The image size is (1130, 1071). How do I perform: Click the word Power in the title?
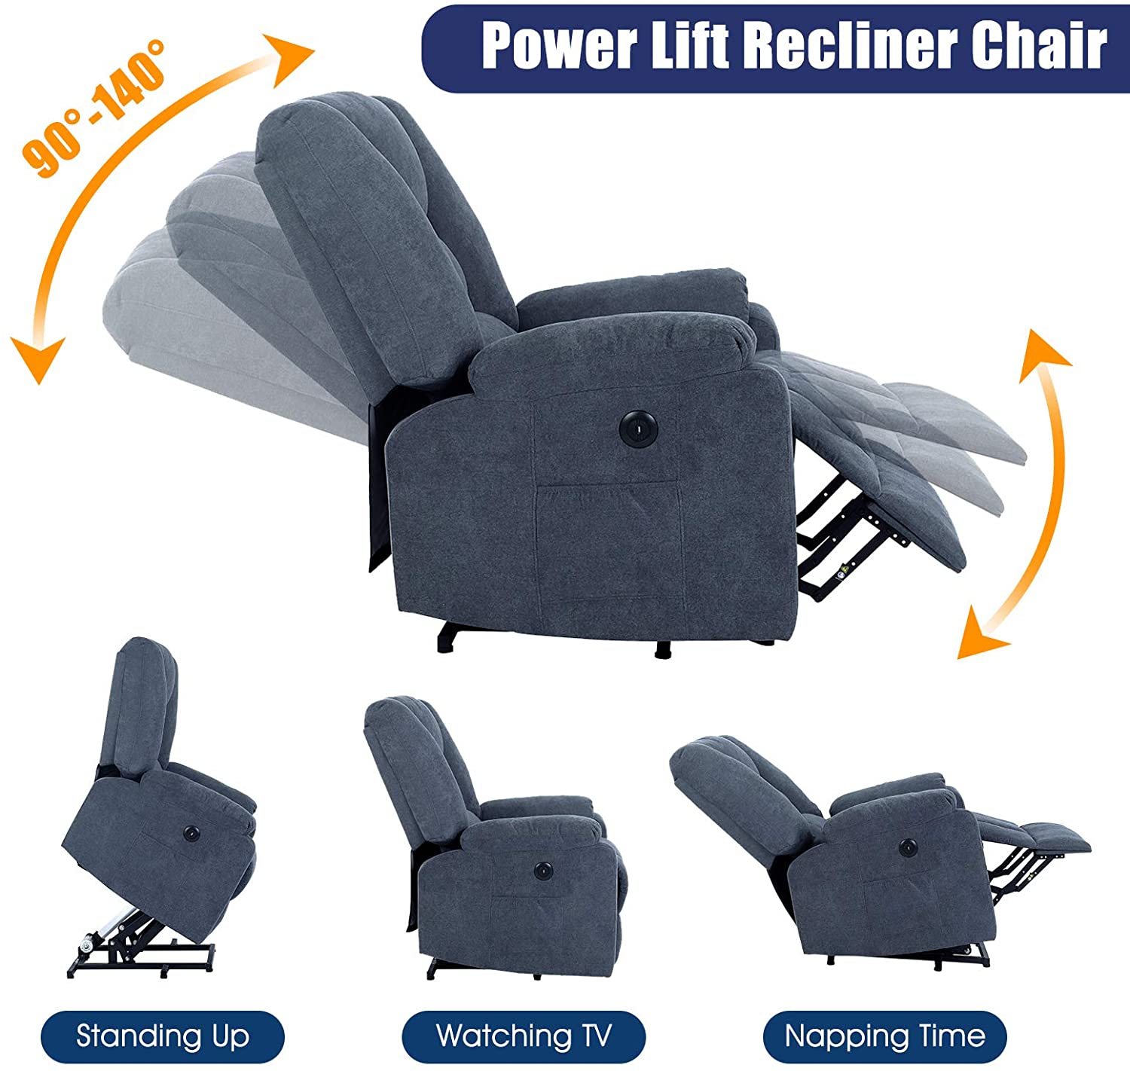click(559, 47)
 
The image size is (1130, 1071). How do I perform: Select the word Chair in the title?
click(1039, 46)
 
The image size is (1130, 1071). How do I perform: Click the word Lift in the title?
click(691, 46)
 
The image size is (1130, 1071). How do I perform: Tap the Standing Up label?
click(163, 1036)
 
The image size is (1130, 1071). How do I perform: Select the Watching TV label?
click(523, 1036)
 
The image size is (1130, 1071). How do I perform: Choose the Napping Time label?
click(884, 1036)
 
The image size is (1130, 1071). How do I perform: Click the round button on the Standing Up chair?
click(191, 832)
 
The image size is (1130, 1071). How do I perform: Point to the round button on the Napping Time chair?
click(908, 847)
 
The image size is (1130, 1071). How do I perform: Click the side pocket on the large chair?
click(609, 543)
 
